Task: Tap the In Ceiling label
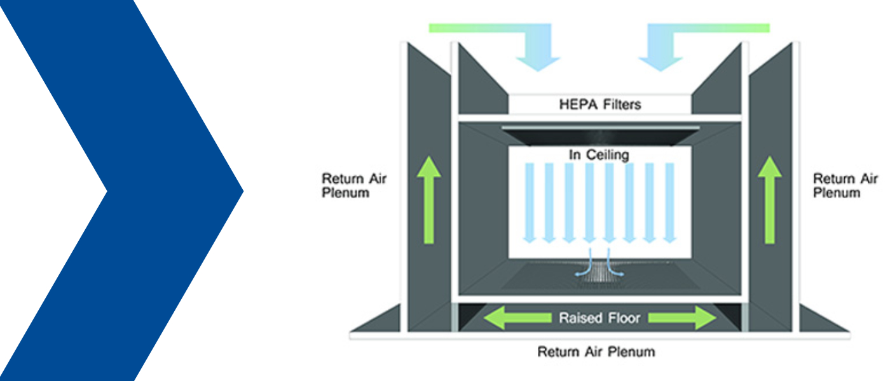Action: click(x=599, y=154)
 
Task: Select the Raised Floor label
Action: click(x=599, y=317)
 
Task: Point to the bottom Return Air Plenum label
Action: click(x=596, y=351)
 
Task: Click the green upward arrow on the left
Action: click(x=429, y=200)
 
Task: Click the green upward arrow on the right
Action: click(x=770, y=200)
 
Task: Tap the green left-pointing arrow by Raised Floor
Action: click(x=515, y=317)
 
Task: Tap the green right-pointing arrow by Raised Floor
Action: click(x=685, y=317)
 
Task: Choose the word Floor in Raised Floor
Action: click(x=622, y=317)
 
